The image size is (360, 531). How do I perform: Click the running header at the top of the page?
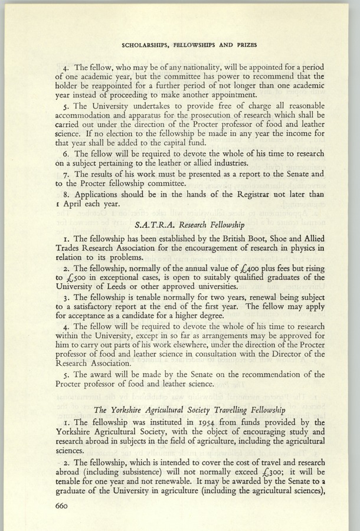(192, 44)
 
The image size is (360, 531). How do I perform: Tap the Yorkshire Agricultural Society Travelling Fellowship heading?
(192, 410)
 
